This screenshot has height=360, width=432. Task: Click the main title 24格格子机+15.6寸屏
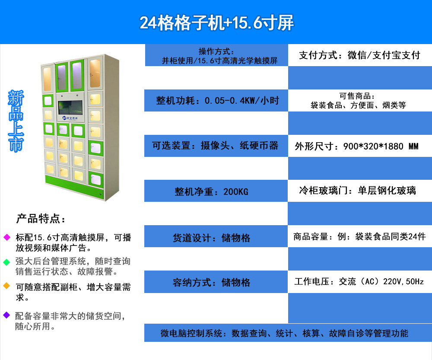tap(216, 22)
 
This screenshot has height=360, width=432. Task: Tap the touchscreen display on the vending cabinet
tap(70, 108)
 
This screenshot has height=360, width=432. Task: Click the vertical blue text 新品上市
tap(16, 121)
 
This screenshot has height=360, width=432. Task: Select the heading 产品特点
tap(41, 219)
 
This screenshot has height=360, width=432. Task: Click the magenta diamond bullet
tap(6, 237)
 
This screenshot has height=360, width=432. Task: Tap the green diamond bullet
tap(6, 262)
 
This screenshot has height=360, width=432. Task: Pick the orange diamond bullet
tap(6, 286)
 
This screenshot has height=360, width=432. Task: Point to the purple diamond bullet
tap(6, 315)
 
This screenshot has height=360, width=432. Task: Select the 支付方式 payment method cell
tap(360, 55)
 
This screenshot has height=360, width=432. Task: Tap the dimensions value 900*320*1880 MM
tap(381, 146)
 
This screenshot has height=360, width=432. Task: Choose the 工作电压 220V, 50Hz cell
tap(360, 281)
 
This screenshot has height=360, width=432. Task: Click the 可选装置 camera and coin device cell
tap(216, 146)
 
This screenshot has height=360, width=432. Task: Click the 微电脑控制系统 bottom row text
tap(284, 333)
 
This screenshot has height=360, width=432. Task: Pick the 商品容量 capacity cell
tap(360, 236)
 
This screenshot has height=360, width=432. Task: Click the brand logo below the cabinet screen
tap(70, 118)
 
